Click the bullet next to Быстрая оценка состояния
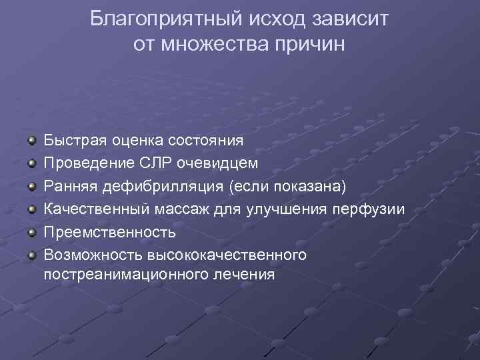[x=31, y=141]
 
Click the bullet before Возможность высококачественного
[x=31, y=255]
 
